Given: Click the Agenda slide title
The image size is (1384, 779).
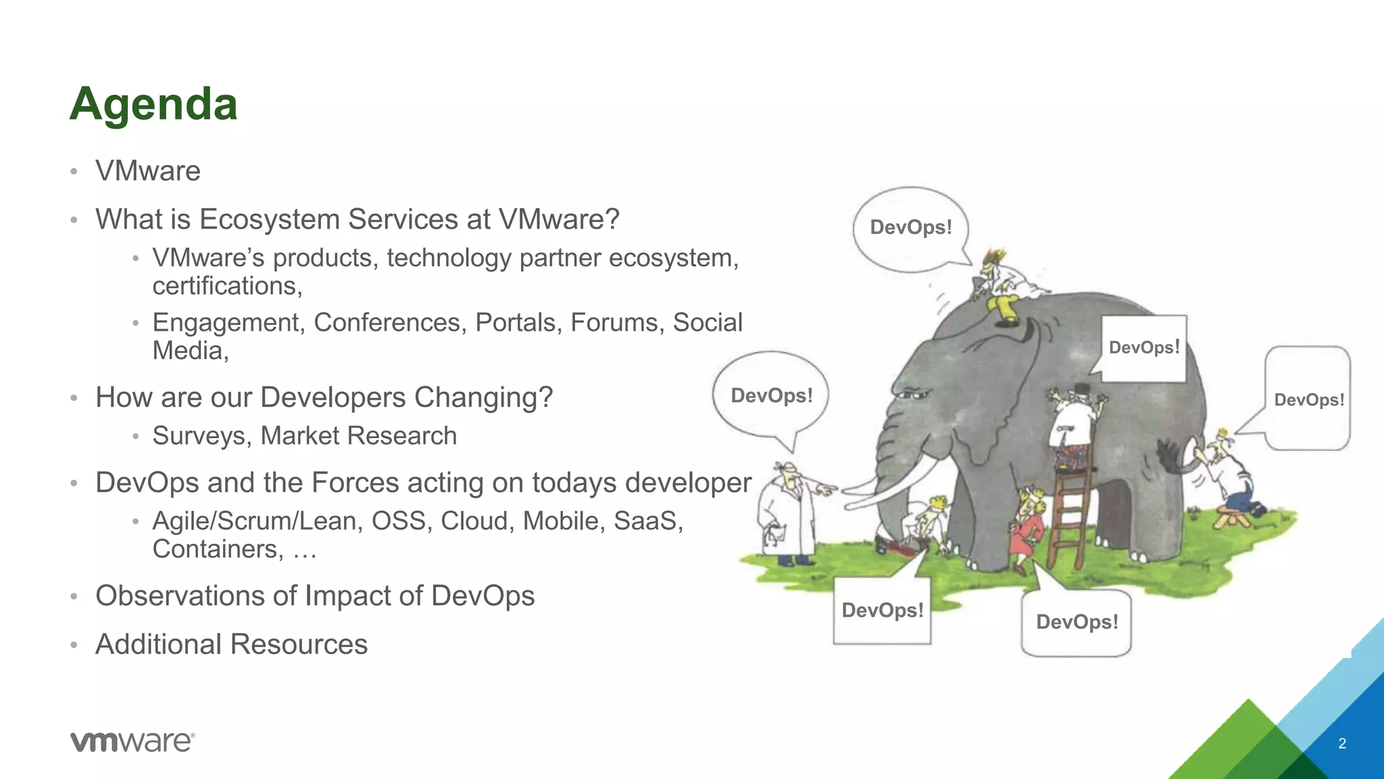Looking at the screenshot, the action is (x=153, y=105).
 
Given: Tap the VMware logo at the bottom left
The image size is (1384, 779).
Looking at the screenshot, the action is (x=132, y=742).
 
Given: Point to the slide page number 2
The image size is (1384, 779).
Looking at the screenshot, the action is (x=1342, y=744).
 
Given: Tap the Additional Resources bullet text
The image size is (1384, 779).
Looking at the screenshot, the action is (x=231, y=644).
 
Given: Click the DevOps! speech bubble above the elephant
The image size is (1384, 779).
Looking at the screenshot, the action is (x=910, y=228).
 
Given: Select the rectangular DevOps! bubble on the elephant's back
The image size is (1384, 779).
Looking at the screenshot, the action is (x=1144, y=348).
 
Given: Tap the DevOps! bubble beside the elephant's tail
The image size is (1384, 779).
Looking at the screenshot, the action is (x=1308, y=400).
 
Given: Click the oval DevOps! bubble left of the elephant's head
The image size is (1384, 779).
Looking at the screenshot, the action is (x=771, y=396).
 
